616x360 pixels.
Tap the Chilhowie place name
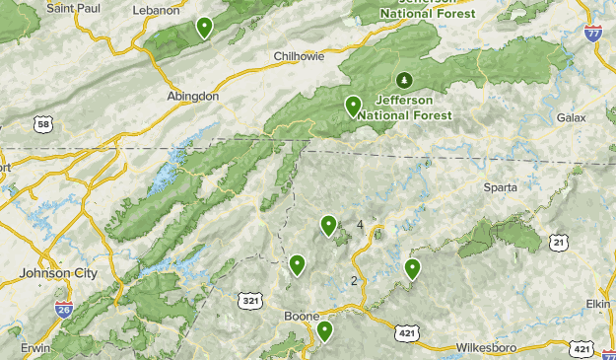click(298, 57)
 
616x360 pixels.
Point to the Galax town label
click(571, 117)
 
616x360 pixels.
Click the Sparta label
click(500, 186)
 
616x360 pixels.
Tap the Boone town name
click(301, 316)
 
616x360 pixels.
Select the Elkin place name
click(597, 304)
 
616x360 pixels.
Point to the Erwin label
click(35, 348)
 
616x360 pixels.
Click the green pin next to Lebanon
click(204, 27)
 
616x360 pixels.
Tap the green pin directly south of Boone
click(323, 331)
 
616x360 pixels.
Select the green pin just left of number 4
click(328, 226)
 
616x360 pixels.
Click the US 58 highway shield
click(41, 123)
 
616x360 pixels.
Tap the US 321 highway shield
click(249, 297)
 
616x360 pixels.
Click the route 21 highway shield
click(559, 242)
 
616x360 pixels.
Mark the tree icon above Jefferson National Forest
click(402, 79)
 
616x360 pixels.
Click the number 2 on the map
click(354, 281)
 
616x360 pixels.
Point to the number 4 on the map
click(360, 225)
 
